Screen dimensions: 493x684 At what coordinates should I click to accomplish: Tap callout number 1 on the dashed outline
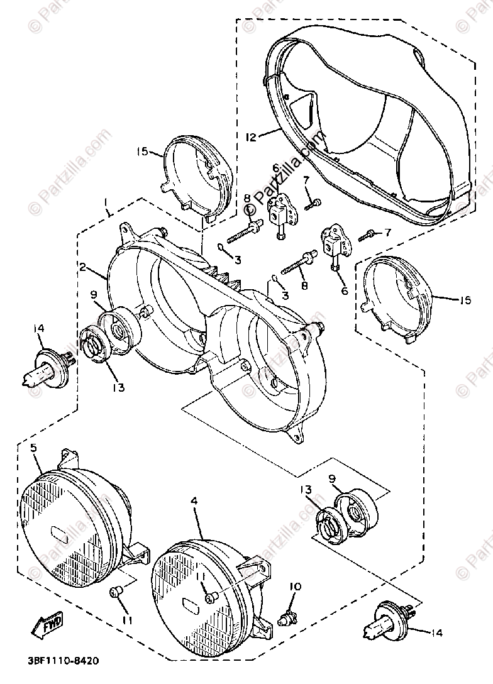(107, 203)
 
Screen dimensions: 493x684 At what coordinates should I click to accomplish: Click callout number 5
(33, 448)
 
